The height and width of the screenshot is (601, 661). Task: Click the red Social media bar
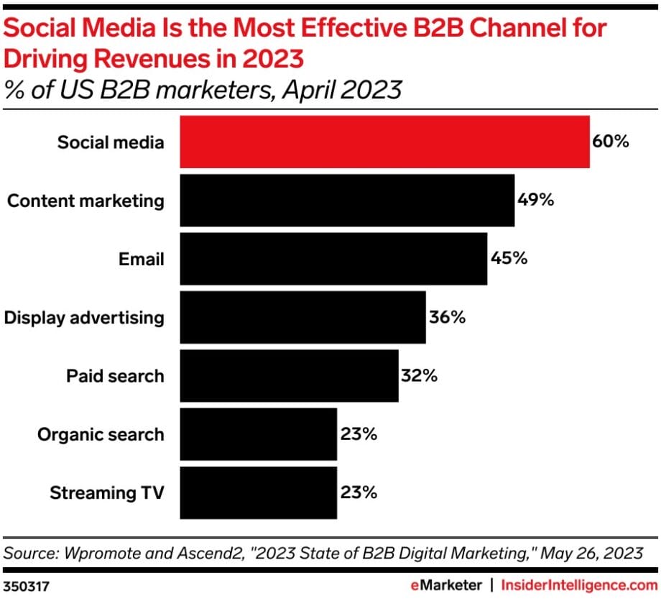384,142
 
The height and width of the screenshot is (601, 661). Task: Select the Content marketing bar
347,201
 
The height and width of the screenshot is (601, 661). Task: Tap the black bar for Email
333,259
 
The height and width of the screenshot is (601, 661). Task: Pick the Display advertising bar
302,317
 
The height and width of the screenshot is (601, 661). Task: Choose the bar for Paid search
289,376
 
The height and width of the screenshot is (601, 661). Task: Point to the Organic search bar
258,434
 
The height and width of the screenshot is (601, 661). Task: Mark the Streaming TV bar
258,492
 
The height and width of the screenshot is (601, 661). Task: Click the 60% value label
611,141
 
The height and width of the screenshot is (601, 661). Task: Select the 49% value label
535,200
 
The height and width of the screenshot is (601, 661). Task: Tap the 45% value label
509,258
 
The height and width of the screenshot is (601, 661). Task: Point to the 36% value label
448,317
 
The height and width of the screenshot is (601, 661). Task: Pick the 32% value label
419,375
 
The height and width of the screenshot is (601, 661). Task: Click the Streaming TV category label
107,493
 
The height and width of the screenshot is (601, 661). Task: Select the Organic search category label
101,434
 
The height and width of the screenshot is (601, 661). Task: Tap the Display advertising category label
84,317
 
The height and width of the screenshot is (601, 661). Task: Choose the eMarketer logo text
445,584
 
